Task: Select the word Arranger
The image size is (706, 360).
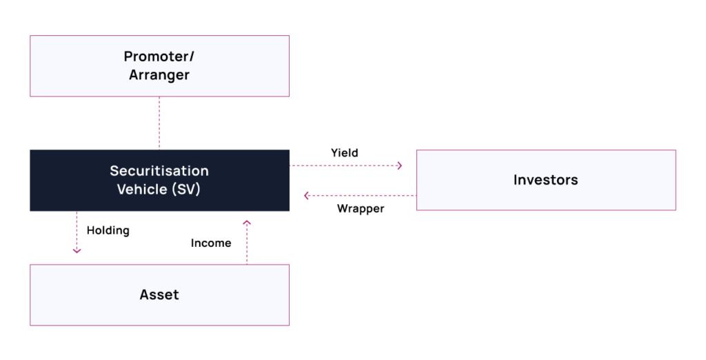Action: (x=159, y=75)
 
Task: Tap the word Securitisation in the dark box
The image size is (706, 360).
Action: (x=159, y=171)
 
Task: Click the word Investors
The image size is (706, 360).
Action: (x=545, y=180)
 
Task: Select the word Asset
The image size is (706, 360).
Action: (x=159, y=294)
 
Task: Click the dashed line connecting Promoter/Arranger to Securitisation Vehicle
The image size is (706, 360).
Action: (x=159, y=123)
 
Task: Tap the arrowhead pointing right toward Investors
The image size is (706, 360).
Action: (x=399, y=166)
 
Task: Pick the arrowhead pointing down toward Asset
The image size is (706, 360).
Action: (x=77, y=250)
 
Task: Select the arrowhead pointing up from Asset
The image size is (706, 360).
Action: (x=247, y=223)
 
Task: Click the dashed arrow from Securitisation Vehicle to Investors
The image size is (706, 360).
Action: (x=345, y=166)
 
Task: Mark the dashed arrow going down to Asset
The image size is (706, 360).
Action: (x=77, y=232)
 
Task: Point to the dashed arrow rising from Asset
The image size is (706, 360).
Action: (x=247, y=243)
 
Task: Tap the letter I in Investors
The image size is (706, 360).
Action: (x=516, y=180)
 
